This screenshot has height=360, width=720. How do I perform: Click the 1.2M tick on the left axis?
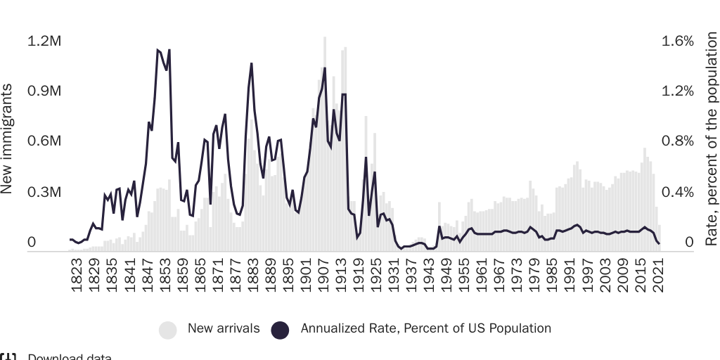[x=44, y=41]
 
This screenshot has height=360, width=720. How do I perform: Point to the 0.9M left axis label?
[x=44, y=91]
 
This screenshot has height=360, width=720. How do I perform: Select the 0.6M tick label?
[x=44, y=141]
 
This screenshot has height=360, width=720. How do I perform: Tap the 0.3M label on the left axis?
[x=44, y=192]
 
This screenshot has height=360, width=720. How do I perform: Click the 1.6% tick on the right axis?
[x=678, y=41]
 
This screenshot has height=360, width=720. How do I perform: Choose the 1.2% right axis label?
[x=678, y=91]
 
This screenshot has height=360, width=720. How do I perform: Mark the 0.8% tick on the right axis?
[x=678, y=141]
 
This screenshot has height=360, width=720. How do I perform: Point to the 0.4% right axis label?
[x=678, y=192]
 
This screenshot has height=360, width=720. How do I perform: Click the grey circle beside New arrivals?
[x=168, y=329]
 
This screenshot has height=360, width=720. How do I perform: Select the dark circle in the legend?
[x=281, y=329]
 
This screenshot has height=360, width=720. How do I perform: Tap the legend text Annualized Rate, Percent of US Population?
[x=425, y=328]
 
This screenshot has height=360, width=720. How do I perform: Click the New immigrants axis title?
[x=8, y=139]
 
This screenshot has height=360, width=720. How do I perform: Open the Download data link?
[x=69, y=357]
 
